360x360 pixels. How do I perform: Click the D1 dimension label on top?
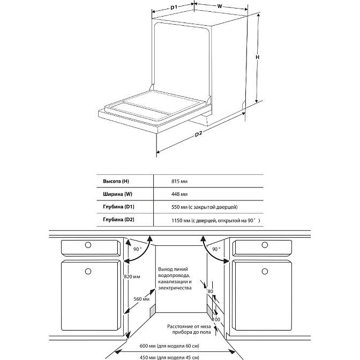(174, 7)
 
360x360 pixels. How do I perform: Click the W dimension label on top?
(220, 7)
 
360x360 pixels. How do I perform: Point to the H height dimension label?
(257, 57)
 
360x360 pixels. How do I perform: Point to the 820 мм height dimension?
(132, 276)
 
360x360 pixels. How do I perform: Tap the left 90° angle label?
(137, 250)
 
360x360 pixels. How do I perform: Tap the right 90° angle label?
(216, 250)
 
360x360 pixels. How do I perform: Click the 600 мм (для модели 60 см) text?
(177, 346)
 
